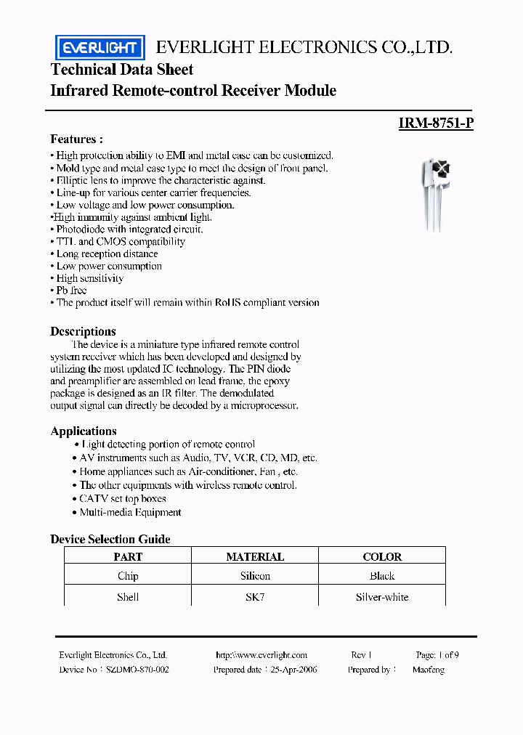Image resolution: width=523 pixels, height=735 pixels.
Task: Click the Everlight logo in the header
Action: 100,48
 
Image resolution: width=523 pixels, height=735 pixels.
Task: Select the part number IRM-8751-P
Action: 436,123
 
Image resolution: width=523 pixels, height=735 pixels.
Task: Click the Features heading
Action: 76,139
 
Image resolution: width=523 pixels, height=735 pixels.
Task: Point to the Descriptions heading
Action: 83,331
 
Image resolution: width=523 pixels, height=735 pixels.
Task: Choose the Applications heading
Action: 84,431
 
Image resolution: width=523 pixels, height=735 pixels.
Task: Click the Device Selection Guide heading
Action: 110,539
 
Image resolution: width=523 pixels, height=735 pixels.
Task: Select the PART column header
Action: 128,556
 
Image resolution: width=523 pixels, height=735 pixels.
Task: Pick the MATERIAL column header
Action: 255,556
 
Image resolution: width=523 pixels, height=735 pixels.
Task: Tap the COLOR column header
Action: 382,556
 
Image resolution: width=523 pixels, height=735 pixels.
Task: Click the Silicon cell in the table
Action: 255,576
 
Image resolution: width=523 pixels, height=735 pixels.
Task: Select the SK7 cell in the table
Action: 255,597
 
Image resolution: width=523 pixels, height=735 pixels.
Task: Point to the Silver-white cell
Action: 382,597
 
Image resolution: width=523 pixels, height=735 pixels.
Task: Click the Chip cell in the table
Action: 128,576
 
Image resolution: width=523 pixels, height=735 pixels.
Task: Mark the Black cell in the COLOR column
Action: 382,576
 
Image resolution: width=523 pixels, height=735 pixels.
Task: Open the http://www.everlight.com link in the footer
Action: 261,654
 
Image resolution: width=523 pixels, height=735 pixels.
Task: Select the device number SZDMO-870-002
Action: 137,670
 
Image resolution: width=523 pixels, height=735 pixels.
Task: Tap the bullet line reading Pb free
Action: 72,291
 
